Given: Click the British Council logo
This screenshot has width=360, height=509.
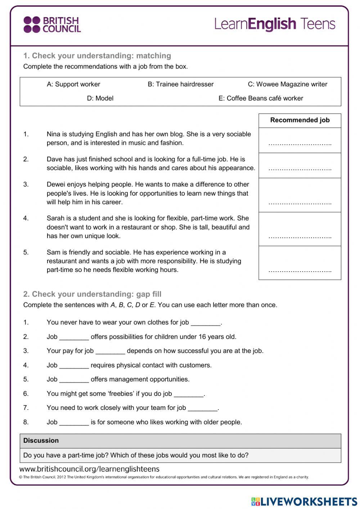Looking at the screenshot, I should [52, 25].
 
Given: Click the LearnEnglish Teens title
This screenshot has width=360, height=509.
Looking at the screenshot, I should [275, 24].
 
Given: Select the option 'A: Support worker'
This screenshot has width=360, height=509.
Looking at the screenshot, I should [73, 84].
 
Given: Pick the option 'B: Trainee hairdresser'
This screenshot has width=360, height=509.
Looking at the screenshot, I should [180, 84].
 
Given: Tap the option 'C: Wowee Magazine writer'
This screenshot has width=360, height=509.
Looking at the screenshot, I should [287, 84].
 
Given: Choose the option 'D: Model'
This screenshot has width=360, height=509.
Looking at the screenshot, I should [100, 98].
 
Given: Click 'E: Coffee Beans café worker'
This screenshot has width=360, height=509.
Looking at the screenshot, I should [261, 98].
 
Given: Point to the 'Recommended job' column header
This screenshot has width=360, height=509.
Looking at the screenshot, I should [300, 120].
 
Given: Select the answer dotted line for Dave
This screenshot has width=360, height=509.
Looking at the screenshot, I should [300, 169].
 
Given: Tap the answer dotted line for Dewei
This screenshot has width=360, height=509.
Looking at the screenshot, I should [300, 203].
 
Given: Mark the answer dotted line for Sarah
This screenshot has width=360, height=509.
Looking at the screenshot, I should [300, 237].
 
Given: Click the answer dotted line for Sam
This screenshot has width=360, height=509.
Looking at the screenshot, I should [300, 271].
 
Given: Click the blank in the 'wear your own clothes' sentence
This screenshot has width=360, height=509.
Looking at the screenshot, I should [205, 323].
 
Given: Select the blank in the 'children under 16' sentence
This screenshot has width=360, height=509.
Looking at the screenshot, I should [74, 338].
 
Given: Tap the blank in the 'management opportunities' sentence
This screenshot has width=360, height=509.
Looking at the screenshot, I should [74, 380].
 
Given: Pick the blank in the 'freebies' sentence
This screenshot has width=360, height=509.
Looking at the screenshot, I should [189, 394].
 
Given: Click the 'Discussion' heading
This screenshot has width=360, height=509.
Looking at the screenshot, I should [41, 441].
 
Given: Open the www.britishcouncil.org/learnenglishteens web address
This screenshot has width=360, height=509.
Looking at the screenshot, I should [89, 469].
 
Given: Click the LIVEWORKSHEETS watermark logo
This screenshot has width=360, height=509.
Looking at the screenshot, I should [304, 501].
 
